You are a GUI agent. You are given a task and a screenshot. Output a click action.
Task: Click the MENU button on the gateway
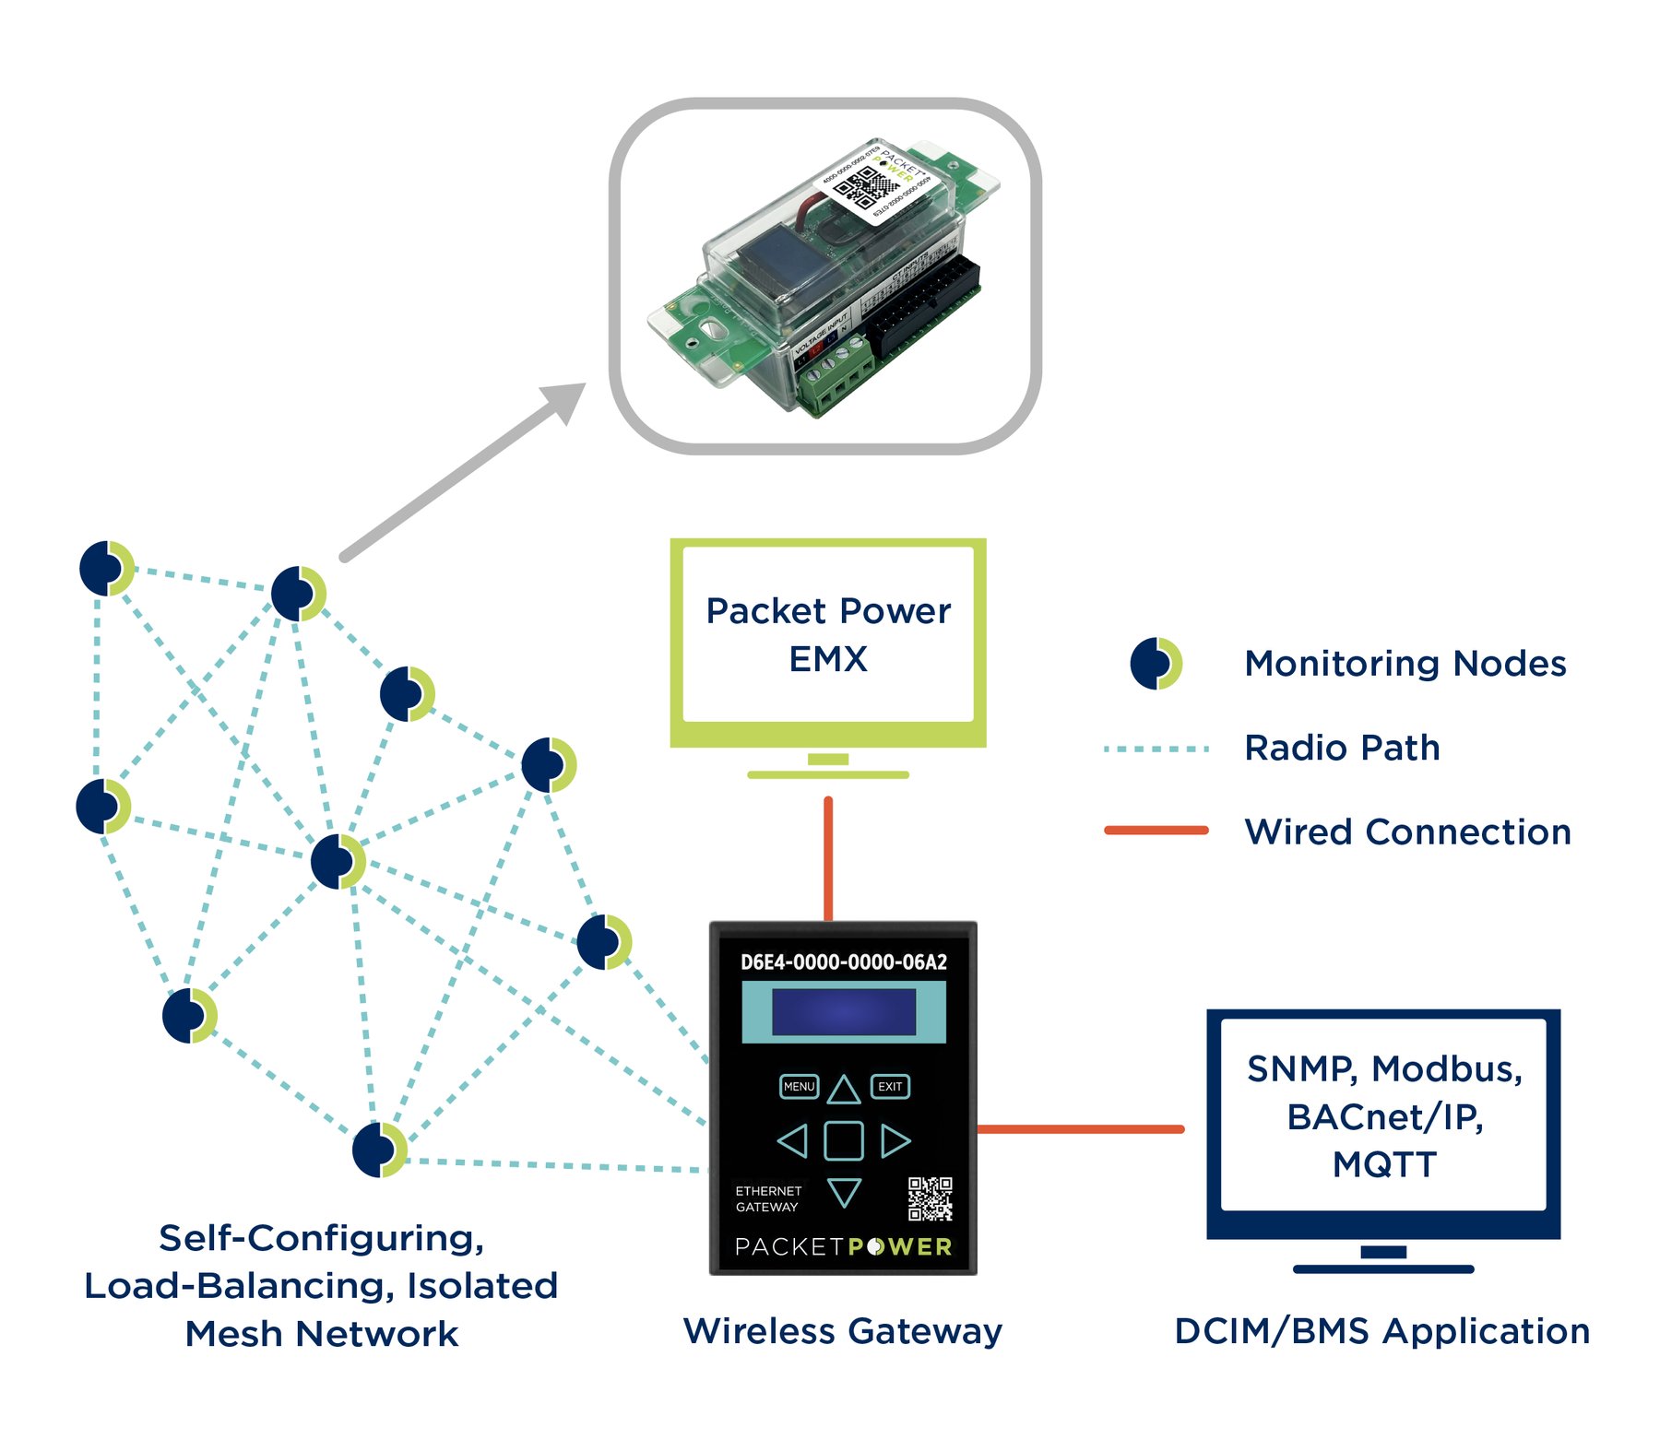pos(799,1087)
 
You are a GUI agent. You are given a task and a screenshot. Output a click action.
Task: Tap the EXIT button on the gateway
pos(890,1087)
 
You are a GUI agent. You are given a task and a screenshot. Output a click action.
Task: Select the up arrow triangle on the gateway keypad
pos(844,1091)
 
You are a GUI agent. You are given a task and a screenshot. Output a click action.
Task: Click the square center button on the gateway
pos(844,1140)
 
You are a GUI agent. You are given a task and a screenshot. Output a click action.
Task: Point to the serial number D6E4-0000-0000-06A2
pos(844,962)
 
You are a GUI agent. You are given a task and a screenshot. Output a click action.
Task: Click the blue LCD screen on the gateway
pos(844,1012)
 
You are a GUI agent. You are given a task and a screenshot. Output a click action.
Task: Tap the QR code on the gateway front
pos(930,1198)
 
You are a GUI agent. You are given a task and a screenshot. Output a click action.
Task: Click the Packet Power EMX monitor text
pos(828,635)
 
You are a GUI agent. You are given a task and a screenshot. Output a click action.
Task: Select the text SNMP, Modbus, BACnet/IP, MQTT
pos(1383,1116)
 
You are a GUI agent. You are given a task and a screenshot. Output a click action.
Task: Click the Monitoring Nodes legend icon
pos(1156,664)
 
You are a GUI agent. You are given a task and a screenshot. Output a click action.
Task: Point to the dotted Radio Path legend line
pos(1156,749)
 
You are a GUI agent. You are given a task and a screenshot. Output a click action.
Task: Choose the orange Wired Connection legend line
pos(1156,831)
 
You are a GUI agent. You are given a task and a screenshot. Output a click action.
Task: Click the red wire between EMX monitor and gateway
pos(828,857)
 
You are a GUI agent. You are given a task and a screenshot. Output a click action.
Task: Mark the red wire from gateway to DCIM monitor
pos(1079,1128)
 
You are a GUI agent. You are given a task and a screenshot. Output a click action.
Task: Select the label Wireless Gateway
pos(843,1331)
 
